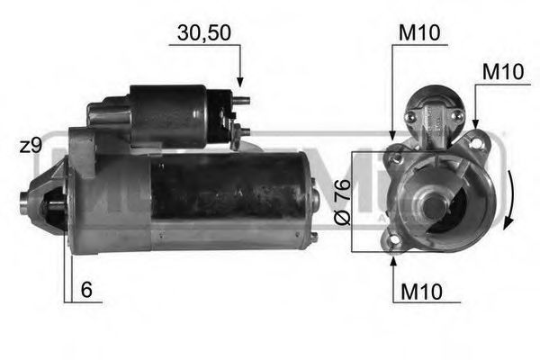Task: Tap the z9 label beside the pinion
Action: click(x=31, y=145)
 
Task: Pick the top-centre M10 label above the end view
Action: click(x=418, y=33)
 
